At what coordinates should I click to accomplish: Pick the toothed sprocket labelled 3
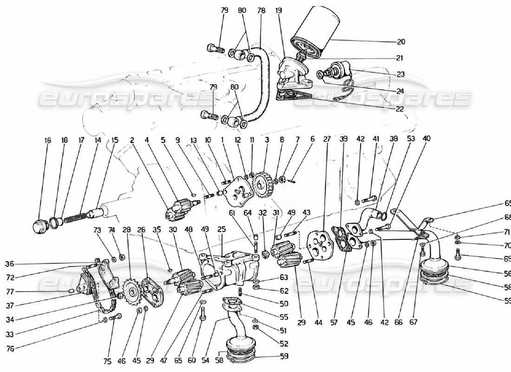coord(262,186)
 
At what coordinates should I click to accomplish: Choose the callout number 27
coord(327,139)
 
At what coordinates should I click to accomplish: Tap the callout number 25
coord(221,229)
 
